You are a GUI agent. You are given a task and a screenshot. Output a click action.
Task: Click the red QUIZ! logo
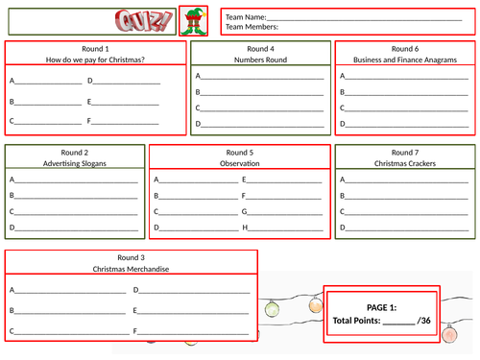pyautogui.click(x=144, y=21)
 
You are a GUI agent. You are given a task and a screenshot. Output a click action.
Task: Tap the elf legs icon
pyautogui.click(x=194, y=21)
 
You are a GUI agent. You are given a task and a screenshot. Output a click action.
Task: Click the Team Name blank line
pyautogui.click(x=364, y=20)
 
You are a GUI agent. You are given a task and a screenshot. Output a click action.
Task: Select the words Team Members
pyautogui.click(x=251, y=27)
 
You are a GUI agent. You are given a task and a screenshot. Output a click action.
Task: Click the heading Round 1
pyautogui.click(x=95, y=49)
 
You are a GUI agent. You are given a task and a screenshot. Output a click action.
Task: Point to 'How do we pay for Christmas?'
pyautogui.click(x=95, y=60)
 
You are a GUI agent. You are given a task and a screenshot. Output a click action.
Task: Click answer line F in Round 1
pyautogui.click(x=125, y=124)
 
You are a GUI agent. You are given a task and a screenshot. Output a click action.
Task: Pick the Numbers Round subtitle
pyautogui.click(x=260, y=60)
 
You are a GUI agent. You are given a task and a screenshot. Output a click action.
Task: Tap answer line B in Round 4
pyautogui.click(x=262, y=95)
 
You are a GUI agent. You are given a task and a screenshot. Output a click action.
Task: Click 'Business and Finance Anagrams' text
pyautogui.click(x=405, y=60)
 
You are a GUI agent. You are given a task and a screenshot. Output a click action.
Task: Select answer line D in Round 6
pyautogui.click(x=407, y=127)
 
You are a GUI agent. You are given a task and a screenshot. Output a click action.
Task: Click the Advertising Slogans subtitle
pyautogui.click(x=75, y=163)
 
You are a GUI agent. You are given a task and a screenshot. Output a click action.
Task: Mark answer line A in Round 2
pyautogui.click(x=77, y=182)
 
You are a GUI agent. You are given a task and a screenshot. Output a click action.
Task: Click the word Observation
pyautogui.click(x=240, y=163)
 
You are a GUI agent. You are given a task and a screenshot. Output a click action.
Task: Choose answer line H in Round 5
pyautogui.click(x=285, y=230)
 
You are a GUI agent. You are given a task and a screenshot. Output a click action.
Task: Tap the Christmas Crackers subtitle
pyautogui.click(x=405, y=163)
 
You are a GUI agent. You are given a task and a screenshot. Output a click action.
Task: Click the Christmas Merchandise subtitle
pyautogui.click(x=131, y=269)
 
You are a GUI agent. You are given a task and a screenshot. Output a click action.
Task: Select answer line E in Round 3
pyautogui.click(x=193, y=313)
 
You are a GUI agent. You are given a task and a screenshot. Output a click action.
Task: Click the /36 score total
pyautogui.click(x=423, y=321)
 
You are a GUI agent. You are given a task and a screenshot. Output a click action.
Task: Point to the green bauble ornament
pyautogui.click(x=272, y=309)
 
